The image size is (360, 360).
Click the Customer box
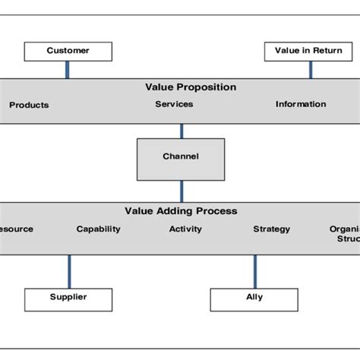pos(68,52)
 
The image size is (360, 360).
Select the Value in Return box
pos(308,52)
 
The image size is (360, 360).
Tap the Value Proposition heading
pos(191,87)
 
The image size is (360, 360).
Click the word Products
pos(29,105)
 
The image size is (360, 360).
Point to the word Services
pos(174,104)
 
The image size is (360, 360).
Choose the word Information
pos(301,104)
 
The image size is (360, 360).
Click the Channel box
pos(181,158)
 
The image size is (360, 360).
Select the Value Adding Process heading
pos(181,211)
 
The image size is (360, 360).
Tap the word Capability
pos(98,229)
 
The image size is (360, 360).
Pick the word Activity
pos(185,229)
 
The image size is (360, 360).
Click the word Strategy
pos(271,229)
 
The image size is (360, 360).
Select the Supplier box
pos(68,298)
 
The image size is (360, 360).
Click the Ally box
pos(254,298)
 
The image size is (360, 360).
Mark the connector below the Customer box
pos(68,69)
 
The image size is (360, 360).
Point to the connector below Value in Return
pos(310,69)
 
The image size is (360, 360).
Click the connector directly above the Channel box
pos(182,131)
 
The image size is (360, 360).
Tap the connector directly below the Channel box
pos(182,191)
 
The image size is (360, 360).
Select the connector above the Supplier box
pos(69,271)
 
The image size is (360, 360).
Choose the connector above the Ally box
pos(254,271)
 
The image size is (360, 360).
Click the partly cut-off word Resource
pos(16,229)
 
